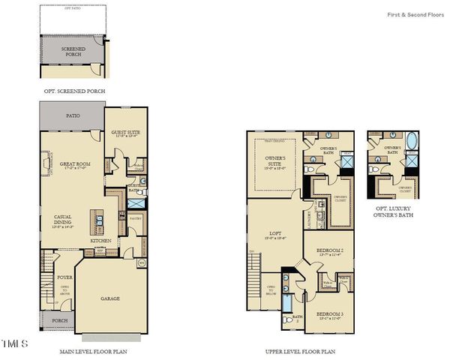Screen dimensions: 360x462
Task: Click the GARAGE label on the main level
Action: (110, 298)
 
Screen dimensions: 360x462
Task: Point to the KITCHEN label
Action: (100, 241)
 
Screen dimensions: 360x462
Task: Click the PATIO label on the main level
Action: (73, 115)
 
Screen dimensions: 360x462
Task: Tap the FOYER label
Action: (64, 277)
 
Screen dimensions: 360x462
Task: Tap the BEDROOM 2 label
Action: (330, 250)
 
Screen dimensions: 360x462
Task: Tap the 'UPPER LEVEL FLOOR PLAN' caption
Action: (300, 350)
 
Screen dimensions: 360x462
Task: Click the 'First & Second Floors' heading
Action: (416, 14)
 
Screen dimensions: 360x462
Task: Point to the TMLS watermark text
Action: (14, 343)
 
